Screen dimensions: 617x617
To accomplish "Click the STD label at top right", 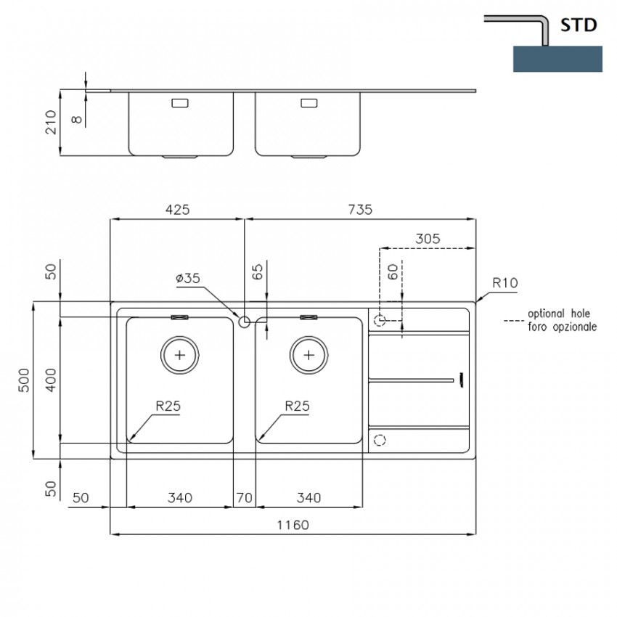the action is click(579, 25).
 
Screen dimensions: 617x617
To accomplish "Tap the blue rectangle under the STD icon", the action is click(557, 59).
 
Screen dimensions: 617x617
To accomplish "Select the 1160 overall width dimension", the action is click(293, 525).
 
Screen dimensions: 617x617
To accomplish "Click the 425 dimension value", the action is click(177, 210).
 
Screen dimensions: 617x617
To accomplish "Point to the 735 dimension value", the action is click(360, 210).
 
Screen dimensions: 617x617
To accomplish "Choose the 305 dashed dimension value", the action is click(428, 239).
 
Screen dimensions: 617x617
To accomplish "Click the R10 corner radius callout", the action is click(505, 283).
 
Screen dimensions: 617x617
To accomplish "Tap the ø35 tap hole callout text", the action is click(188, 278).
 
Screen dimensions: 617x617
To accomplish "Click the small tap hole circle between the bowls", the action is click(245, 322).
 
